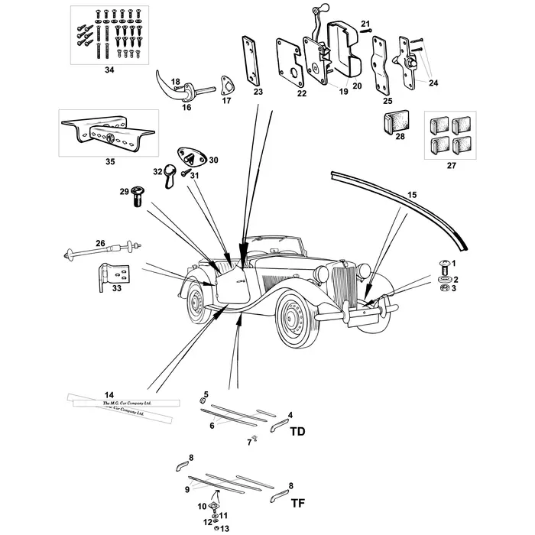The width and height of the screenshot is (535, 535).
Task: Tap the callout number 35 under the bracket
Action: pyautogui.click(x=109, y=162)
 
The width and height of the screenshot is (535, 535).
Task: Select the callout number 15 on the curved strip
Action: pyautogui.click(x=411, y=196)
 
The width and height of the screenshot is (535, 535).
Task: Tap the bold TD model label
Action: pyautogui.click(x=297, y=432)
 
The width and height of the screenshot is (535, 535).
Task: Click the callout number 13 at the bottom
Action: pyautogui.click(x=225, y=529)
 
